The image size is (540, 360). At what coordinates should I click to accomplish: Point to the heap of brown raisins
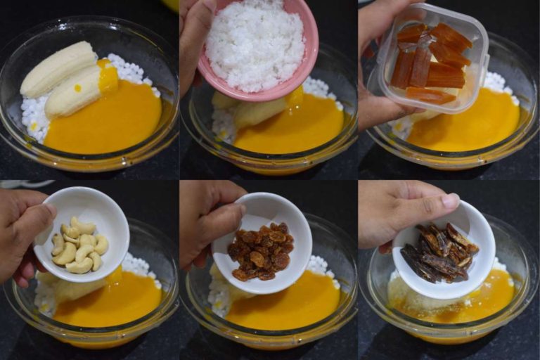261,250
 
